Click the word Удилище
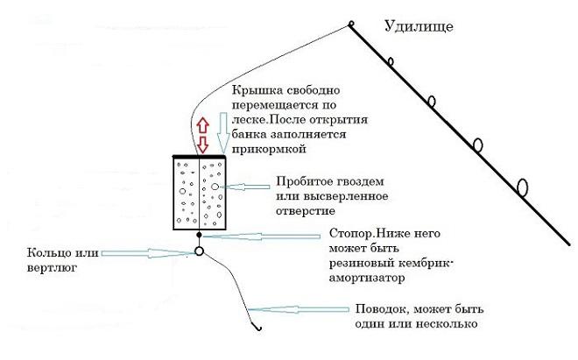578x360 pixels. click(419, 26)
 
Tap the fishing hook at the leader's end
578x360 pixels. click(258, 328)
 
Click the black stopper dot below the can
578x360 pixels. click(199, 234)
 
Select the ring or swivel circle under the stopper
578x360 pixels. click(199, 251)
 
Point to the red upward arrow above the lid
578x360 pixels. click(203, 126)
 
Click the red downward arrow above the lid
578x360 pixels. click(203, 145)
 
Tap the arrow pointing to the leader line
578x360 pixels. click(299, 309)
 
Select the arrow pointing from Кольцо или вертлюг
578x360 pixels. click(148, 253)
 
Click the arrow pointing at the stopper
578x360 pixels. click(261, 236)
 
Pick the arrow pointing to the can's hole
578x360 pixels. click(244, 187)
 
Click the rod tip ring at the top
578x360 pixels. click(351, 25)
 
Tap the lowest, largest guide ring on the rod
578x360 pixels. click(522, 187)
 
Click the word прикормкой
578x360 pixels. click(269, 149)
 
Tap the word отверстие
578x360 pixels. click(306, 211)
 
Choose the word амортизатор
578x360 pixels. click(366, 278)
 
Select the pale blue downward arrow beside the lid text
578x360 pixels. click(223, 133)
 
